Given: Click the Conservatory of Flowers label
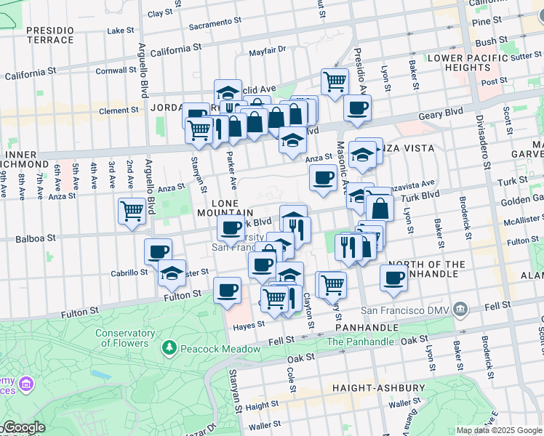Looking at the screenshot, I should point(124,339).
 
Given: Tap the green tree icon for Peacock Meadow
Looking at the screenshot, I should point(169,349).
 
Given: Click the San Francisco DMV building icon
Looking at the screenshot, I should point(460,310).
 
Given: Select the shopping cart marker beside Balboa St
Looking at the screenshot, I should point(132,211).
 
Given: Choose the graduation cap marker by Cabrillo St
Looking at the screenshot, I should point(172,274).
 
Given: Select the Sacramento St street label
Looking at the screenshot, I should point(215,24).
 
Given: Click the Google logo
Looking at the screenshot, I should point(23,427).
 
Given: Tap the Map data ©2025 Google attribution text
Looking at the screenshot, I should point(499,430).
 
